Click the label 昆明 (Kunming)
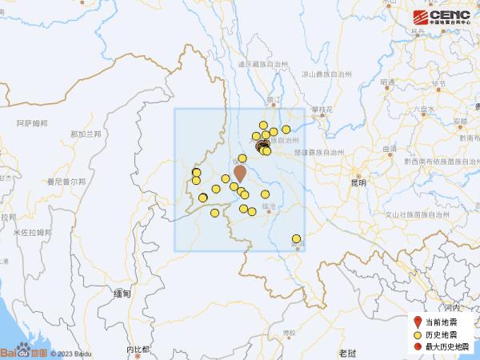click(358, 183)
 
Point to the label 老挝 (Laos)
click(346, 352)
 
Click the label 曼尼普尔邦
click(66, 182)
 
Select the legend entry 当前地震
click(442, 322)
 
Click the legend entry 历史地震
click(442, 334)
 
